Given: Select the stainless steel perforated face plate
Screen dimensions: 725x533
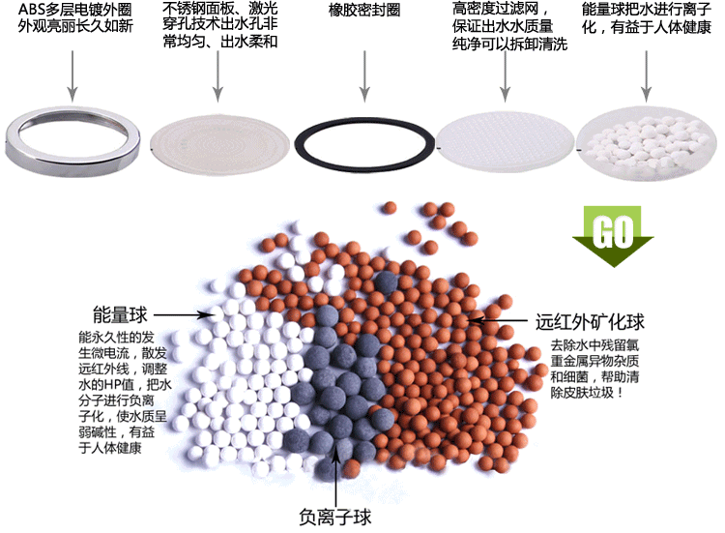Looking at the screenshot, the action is [x=219, y=144].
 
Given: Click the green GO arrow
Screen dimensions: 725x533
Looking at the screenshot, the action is [x=613, y=236].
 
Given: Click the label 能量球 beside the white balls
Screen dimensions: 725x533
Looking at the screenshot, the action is [x=120, y=314].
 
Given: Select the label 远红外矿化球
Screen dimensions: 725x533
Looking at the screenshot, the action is [x=590, y=322].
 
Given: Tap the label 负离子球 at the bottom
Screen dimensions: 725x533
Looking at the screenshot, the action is [x=335, y=517].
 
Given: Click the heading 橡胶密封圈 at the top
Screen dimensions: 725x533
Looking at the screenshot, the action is [x=364, y=11].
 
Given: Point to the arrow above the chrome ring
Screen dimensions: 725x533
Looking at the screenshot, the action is [x=72, y=75].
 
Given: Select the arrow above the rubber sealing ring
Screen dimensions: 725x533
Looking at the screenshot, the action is [x=364, y=75].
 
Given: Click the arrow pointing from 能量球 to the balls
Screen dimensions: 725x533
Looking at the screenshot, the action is [x=184, y=315].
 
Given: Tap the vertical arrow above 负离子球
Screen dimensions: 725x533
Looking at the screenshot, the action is [x=336, y=472].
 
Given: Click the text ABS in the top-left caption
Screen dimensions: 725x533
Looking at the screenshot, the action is [x=31, y=10].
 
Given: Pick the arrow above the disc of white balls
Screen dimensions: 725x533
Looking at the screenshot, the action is [x=647, y=75].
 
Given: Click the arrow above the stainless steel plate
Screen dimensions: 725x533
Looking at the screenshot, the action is [x=217, y=75].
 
